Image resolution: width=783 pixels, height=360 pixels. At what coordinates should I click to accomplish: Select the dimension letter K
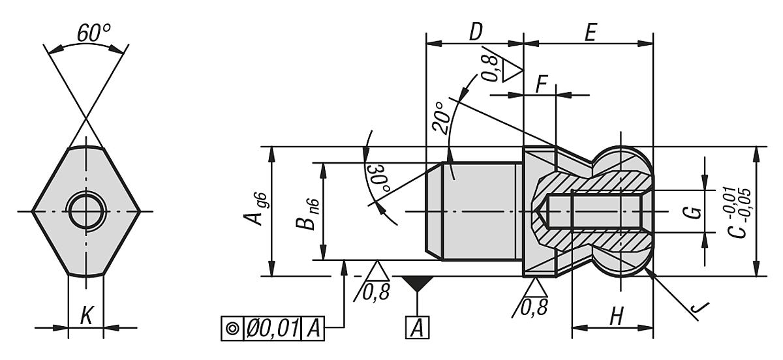point(85,317)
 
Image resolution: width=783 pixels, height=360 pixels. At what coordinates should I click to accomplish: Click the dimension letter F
point(541,84)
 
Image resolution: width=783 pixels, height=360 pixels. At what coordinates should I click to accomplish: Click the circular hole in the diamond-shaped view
point(86,211)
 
